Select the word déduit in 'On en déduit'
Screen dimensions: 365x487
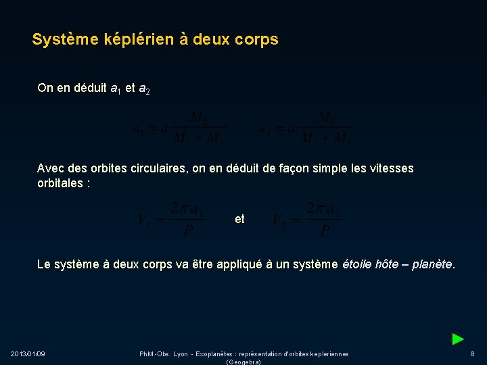click(x=89, y=88)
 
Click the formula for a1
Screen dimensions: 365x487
click(x=179, y=128)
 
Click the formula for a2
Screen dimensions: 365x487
click(x=306, y=128)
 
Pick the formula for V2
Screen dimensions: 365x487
click(x=306, y=219)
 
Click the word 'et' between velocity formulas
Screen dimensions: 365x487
click(x=239, y=219)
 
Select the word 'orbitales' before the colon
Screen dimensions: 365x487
click(x=60, y=182)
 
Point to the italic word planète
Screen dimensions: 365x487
click(x=432, y=264)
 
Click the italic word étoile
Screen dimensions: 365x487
click(x=357, y=264)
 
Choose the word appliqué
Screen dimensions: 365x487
click(x=238, y=264)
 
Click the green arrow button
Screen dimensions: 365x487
click(x=458, y=339)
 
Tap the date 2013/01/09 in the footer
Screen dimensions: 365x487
click(x=28, y=354)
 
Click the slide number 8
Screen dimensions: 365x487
click(x=472, y=354)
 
